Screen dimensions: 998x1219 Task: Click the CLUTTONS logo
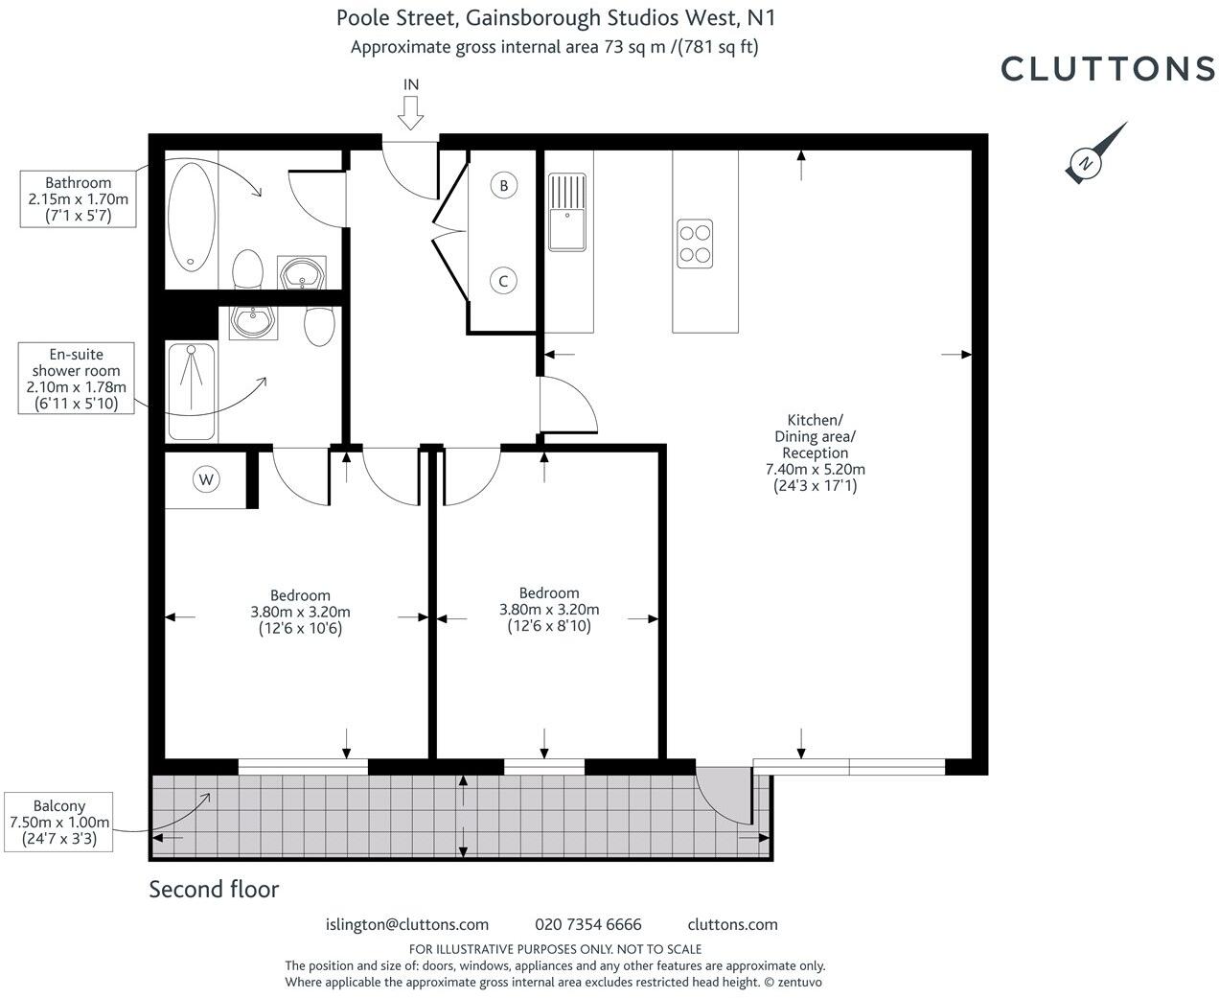pyautogui.click(x=1108, y=68)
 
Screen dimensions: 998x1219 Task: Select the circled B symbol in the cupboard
pyautogui.click(x=504, y=185)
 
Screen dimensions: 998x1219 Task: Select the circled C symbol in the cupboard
pyautogui.click(x=502, y=281)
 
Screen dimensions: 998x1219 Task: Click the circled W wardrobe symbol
pyautogui.click(x=206, y=478)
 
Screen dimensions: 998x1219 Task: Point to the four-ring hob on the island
pyautogui.click(x=695, y=243)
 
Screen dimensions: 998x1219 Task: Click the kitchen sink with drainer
pyautogui.click(x=566, y=211)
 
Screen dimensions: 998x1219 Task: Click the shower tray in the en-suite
pyautogui.click(x=192, y=391)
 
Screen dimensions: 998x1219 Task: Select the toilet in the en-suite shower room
pyautogui.click(x=318, y=326)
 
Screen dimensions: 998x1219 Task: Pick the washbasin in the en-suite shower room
pyautogui.click(x=254, y=322)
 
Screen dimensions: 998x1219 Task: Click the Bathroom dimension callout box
pyautogui.click(x=79, y=199)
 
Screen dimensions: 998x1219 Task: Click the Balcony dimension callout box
pyautogui.click(x=59, y=823)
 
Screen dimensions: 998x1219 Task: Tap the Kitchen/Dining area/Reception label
pyautogui.click(x=815, y=453)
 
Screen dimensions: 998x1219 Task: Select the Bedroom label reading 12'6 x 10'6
pyautogui.click(x=300, y=612)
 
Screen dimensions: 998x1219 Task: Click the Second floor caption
pyautogui.click(x=214, y=890)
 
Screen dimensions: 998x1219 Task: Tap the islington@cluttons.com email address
pyautogui.click(x=407, y=925)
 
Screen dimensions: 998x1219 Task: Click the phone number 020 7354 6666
pyautogui.click(x=588, y=925)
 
